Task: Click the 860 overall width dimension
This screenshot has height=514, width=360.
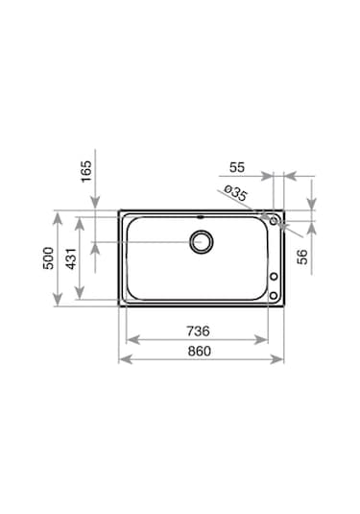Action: point(199,351)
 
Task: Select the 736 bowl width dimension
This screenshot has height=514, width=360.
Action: point(198,330)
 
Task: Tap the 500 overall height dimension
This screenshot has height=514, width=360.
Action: point(49,258)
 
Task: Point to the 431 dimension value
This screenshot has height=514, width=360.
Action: point(71,258)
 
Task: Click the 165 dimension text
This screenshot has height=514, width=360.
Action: point(86,171)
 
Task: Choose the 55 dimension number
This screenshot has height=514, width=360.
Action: point(237,167)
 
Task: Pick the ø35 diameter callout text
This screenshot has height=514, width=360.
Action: point(235,193)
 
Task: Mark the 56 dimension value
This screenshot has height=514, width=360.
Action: point(302,257)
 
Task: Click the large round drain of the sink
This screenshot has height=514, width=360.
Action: point(202,242)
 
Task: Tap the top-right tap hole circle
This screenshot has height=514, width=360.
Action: point(274,221)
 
